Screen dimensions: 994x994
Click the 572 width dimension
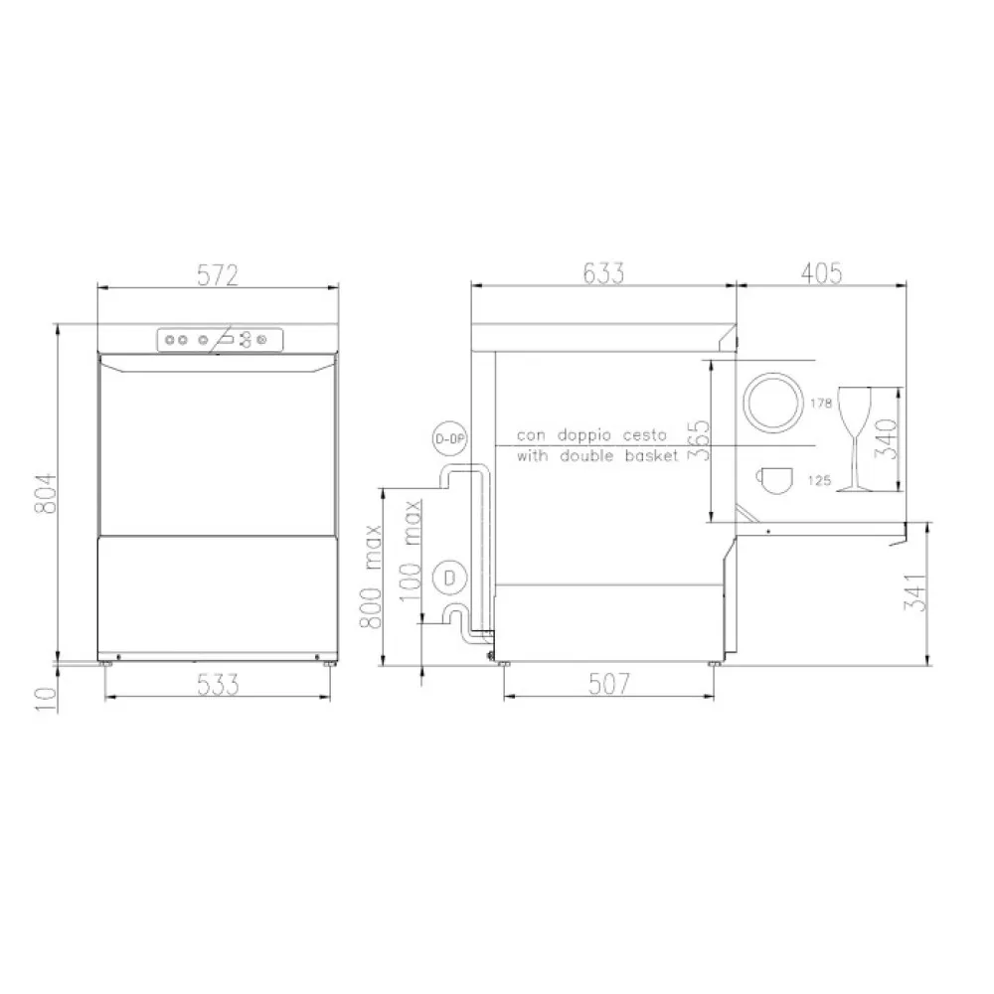(x=217, y=275)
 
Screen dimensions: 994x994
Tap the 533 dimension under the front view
(x=218, y=684)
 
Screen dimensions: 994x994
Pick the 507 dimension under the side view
(x=608, y=684)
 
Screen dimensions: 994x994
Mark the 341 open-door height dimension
(x=918, y=592)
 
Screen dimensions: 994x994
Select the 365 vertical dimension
(x=700, y=440)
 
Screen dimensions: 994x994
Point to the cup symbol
(x=774, y=479)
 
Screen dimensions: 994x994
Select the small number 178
(x=820, y=404)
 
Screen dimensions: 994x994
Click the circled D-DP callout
(x=450, y=438)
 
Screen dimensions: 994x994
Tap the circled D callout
(x=450, y=578)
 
